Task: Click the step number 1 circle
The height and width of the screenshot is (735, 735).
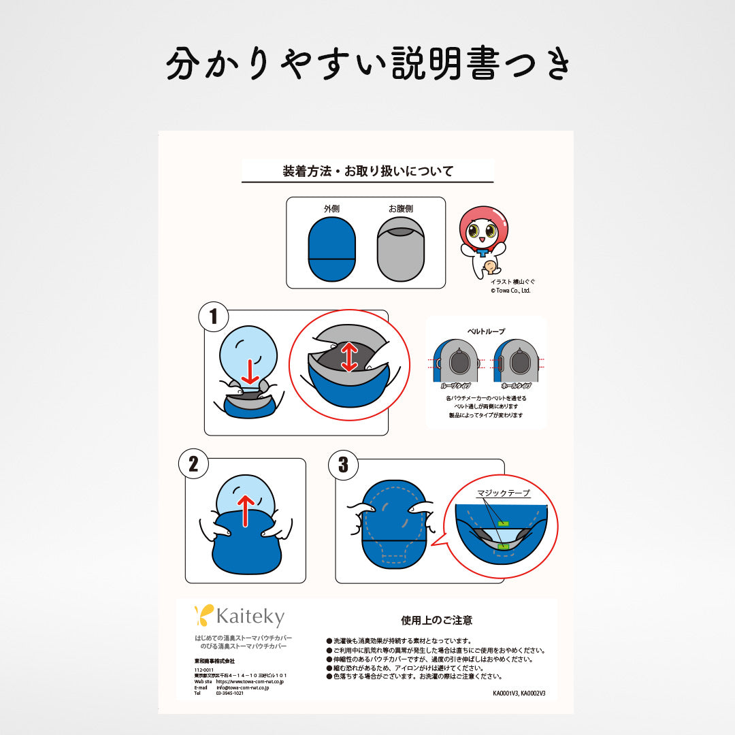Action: tap(214, 316)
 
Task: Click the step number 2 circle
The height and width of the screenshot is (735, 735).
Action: tap(194, 464)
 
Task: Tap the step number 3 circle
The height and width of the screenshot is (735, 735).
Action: tap(343, 465)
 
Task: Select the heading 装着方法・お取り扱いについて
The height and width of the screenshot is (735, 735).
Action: tap(367, 171)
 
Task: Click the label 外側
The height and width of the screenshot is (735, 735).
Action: tap(331, 209)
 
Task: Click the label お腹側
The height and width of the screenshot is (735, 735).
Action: tap(401, 209)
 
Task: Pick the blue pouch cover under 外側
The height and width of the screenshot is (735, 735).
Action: tap(331, 250)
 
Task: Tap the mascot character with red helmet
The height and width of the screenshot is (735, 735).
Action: tap(484, 242)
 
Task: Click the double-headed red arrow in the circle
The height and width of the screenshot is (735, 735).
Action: tap(350, 357)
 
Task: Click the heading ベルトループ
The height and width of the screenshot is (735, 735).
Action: tap(486, 331)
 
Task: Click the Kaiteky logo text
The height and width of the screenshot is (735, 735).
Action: tap(250, 617)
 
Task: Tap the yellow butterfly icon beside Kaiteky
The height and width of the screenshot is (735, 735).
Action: tap(203, 615)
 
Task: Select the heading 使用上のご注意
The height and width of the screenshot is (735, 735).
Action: tap(436, 620)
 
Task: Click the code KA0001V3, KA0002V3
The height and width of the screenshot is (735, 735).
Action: tap(519, 693)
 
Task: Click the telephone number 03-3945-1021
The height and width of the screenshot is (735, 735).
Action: tap(230, 693)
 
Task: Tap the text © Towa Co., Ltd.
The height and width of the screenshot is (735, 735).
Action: tap(510, 291)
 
